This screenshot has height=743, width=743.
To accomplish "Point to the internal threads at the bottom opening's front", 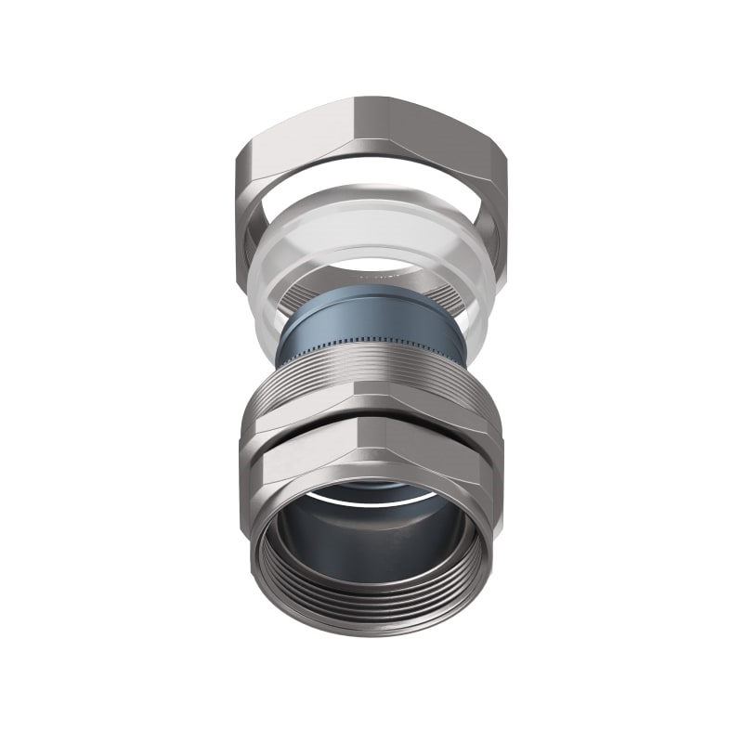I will [371, 594].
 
